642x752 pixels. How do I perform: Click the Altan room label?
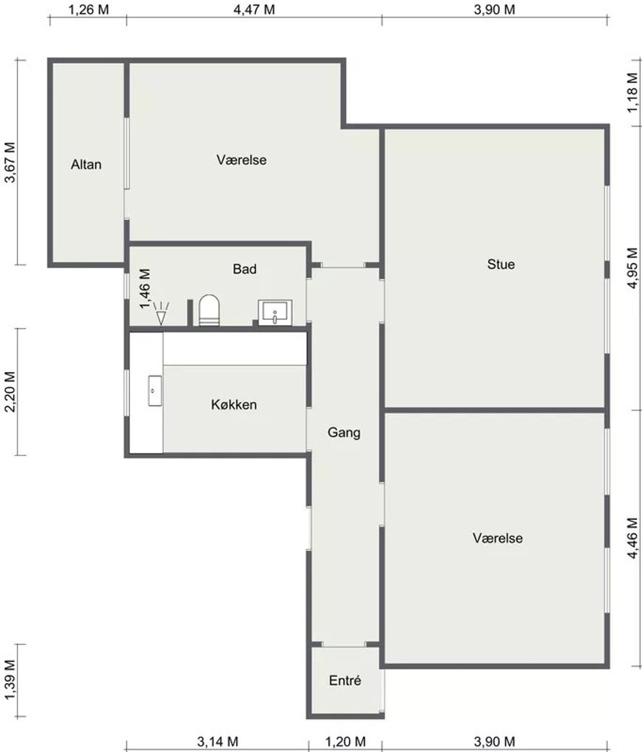[86, 164]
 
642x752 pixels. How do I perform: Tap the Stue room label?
[501, 264]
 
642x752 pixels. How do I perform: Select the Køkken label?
[234, 404]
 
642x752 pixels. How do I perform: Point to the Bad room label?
[244, 269]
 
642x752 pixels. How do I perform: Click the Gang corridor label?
[344, 433]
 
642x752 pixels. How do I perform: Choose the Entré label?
[345, 680]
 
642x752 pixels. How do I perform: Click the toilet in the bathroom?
[209, 310]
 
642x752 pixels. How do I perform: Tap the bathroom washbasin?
[275, 312]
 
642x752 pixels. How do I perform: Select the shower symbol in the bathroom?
[160, 313]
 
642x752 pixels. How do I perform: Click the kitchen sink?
[155, 391]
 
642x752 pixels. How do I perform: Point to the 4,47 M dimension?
[254, 10]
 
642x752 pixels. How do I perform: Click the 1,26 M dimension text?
[88, 10]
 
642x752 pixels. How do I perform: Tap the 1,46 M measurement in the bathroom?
[145, 288]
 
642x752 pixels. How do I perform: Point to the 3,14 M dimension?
[218, 741]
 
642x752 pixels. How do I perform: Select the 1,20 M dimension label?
[345, 741]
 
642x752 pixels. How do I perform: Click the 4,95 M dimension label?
[632, 268]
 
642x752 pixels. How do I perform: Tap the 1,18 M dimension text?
[632, 93]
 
